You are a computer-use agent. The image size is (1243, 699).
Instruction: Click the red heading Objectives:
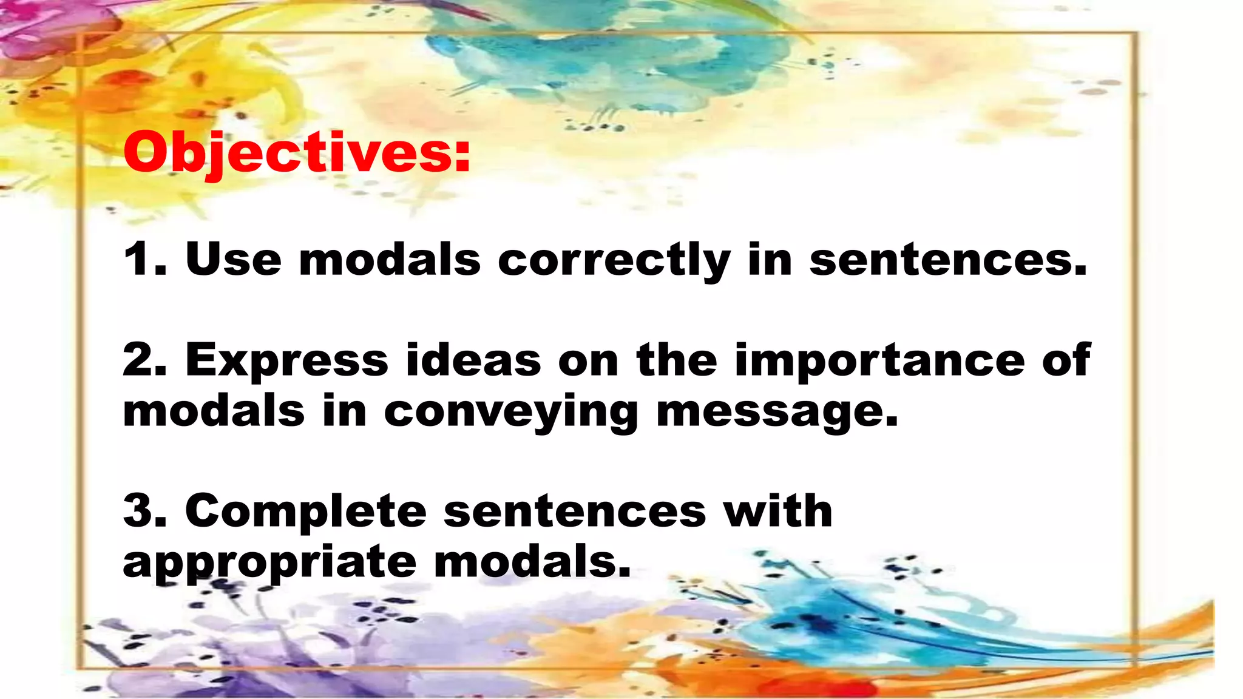pos(296,153)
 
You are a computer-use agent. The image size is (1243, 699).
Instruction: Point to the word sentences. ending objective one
pos(947,260)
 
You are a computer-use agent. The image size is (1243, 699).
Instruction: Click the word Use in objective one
pos(233,260)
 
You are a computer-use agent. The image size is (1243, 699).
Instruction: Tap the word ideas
pos(473,360)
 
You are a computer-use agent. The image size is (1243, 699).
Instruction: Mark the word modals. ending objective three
pos(532,562)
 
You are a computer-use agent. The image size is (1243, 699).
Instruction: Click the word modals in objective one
pos(390,260)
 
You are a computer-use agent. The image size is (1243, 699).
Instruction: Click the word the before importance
pos(677,360)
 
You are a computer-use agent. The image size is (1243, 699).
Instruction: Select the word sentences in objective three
pos(575,512)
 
